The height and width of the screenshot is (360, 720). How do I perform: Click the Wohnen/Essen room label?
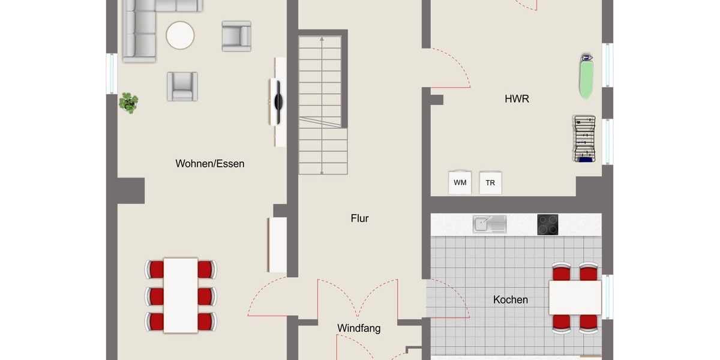(x=210, y=163)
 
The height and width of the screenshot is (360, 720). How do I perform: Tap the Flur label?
(x=359, y=218)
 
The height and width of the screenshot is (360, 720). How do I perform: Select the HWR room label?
(x=517, y=99)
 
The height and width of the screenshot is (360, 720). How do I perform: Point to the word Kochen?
(x=511, y=299)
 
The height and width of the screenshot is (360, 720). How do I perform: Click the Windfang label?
(x=359, y=328)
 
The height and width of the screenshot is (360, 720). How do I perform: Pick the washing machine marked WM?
(x=460, y=182)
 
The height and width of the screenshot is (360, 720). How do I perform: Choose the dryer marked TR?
(x=490, y=183)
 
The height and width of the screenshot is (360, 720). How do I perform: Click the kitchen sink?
(x=489, y=224)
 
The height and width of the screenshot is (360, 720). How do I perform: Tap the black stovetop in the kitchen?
(x=547, y=224)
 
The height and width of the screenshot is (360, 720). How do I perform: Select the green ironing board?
(x=586, y=76)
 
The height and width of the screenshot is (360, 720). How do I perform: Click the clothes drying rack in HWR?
(x=584, y=139)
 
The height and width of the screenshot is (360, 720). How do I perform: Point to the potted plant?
(x=128, y=103)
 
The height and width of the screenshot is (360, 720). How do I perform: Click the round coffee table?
(x=180, y=35)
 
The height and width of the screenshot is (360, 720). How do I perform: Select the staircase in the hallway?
(x=323, y=105)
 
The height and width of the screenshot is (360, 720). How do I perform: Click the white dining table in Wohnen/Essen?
(x=181, y=295)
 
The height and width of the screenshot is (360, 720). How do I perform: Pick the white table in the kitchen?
(x=575, y=298)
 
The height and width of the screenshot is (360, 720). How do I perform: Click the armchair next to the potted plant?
(x=182, y=86)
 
